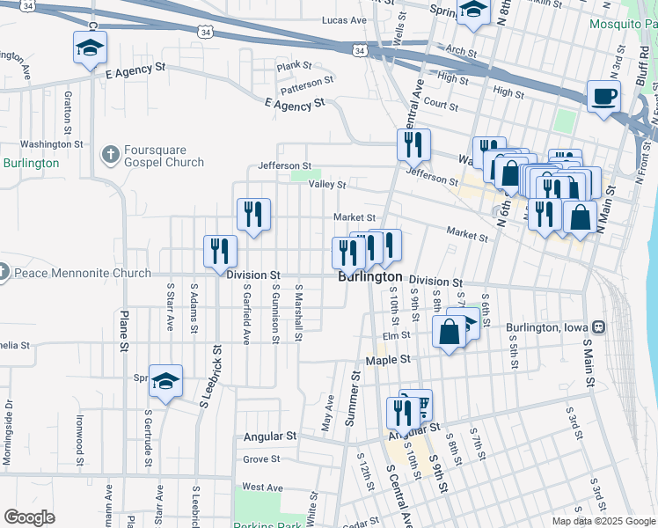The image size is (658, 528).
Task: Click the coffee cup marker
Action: [603, 97]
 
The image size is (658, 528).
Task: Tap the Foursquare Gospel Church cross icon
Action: [110, 155]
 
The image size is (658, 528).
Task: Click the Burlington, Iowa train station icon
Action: [598, 327]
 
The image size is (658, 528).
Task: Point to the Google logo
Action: [29, 517]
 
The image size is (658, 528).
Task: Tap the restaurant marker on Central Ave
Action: [413, 143]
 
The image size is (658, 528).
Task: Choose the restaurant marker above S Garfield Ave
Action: [253, 214]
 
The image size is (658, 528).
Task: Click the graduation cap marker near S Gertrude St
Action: [164, 381]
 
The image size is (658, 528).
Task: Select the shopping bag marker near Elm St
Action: [449, 333]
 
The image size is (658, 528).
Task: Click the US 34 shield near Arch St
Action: [359, 52]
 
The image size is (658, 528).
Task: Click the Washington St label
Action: [51, 143]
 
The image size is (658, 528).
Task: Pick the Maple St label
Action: [393, 360]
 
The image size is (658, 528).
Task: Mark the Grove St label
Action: [261, 459]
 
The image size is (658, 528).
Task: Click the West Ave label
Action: [262, 487]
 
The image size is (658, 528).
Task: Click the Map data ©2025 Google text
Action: [603, 521]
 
